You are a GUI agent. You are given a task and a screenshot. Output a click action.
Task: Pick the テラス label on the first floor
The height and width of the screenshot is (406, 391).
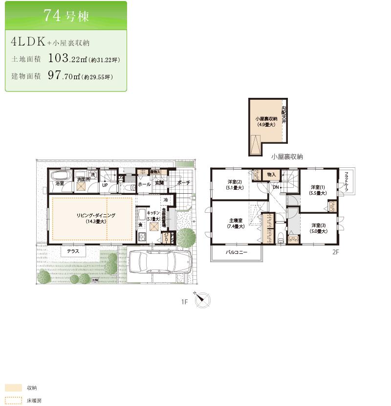pyautogui.click(x=73, y=251)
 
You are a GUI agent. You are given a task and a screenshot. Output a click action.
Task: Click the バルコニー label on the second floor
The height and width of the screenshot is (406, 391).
pyautogui.click(x=236, y=252)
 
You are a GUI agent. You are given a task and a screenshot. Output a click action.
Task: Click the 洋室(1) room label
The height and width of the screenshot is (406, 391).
pyautogui.click(x=318, y=187)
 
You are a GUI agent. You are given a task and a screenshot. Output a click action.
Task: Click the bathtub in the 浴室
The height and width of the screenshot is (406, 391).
pyautogui.click(x=60, y=177)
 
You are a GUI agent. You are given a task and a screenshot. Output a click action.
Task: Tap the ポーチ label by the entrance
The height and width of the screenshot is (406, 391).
pyautogui.click(x=183, y=183)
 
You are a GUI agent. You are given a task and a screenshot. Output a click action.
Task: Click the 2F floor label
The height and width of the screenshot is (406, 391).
pyautogui.click(x=335, y=252)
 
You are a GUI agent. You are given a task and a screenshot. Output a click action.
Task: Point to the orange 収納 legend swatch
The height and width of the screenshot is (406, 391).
pyautogui.click(x=14, y=387)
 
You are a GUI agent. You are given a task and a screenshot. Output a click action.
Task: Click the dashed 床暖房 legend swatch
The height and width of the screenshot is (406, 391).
pyautogui.click(x=14, y=400)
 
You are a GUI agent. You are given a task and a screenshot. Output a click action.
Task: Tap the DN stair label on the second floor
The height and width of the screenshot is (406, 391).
pyautogui.click(x=276, y=187)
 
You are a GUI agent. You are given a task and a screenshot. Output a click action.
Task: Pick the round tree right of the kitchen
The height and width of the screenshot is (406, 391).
pyautogui.click(x=186, y=237)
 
